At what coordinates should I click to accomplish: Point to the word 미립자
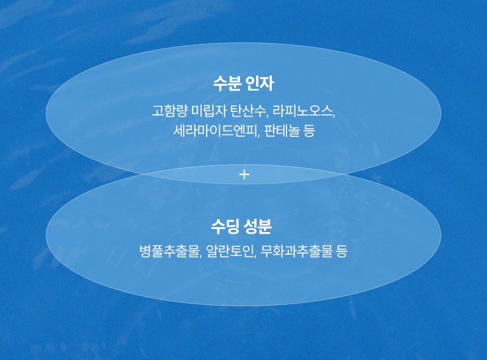[x=210, y=111]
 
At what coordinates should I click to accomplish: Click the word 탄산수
[x=249, y=111]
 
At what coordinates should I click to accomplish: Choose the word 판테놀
[x=281, y=131]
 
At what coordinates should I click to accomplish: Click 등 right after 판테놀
[x=309, y=131]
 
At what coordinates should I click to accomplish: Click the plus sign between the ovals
[x=245, y=174]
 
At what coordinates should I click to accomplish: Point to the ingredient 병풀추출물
[x=169, y=251]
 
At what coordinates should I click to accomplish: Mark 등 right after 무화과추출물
[x=341, y=251]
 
